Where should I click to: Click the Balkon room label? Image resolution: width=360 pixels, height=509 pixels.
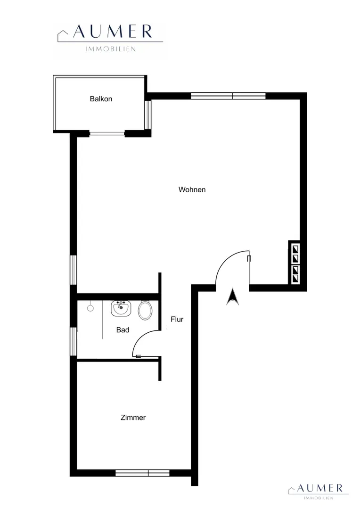click(x=101, y=99)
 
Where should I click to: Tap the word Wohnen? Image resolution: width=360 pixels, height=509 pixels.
click(x=192, y=189)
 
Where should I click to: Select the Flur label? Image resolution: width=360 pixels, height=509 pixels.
click(x=177, y=320)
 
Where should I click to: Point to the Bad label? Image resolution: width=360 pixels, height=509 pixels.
click(x=123, y=330)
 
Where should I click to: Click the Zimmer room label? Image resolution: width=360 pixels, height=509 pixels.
click(x=133, y=418)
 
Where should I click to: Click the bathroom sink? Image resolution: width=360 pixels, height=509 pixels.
click(x=121, y=308)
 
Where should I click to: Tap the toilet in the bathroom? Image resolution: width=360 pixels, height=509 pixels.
click(x=145, y=310)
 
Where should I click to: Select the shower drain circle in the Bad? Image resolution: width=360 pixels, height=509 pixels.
click(x=90, y=308)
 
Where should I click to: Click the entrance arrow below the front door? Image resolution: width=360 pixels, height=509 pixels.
click(x=232, y=297)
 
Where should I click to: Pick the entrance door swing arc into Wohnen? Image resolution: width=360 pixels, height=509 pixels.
click(x=223, y=260)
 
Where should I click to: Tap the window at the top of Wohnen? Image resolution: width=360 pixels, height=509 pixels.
click(x=228, y=96)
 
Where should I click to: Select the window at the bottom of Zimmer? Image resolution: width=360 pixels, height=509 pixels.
click(x=142, y=473)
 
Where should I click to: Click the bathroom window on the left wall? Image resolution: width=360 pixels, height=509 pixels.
click(x=74, y=341)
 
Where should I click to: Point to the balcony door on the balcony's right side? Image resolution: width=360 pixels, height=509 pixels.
click(x=147, y=115)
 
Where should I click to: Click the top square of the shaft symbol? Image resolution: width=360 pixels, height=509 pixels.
click(x=295, y=249)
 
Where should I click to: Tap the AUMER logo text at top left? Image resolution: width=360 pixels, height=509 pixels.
click(x=112, y=32)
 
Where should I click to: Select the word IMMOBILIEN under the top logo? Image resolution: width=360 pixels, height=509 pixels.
click(x=110, y=49)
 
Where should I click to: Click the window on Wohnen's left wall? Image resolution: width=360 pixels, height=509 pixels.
click(x=74, y=270)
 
